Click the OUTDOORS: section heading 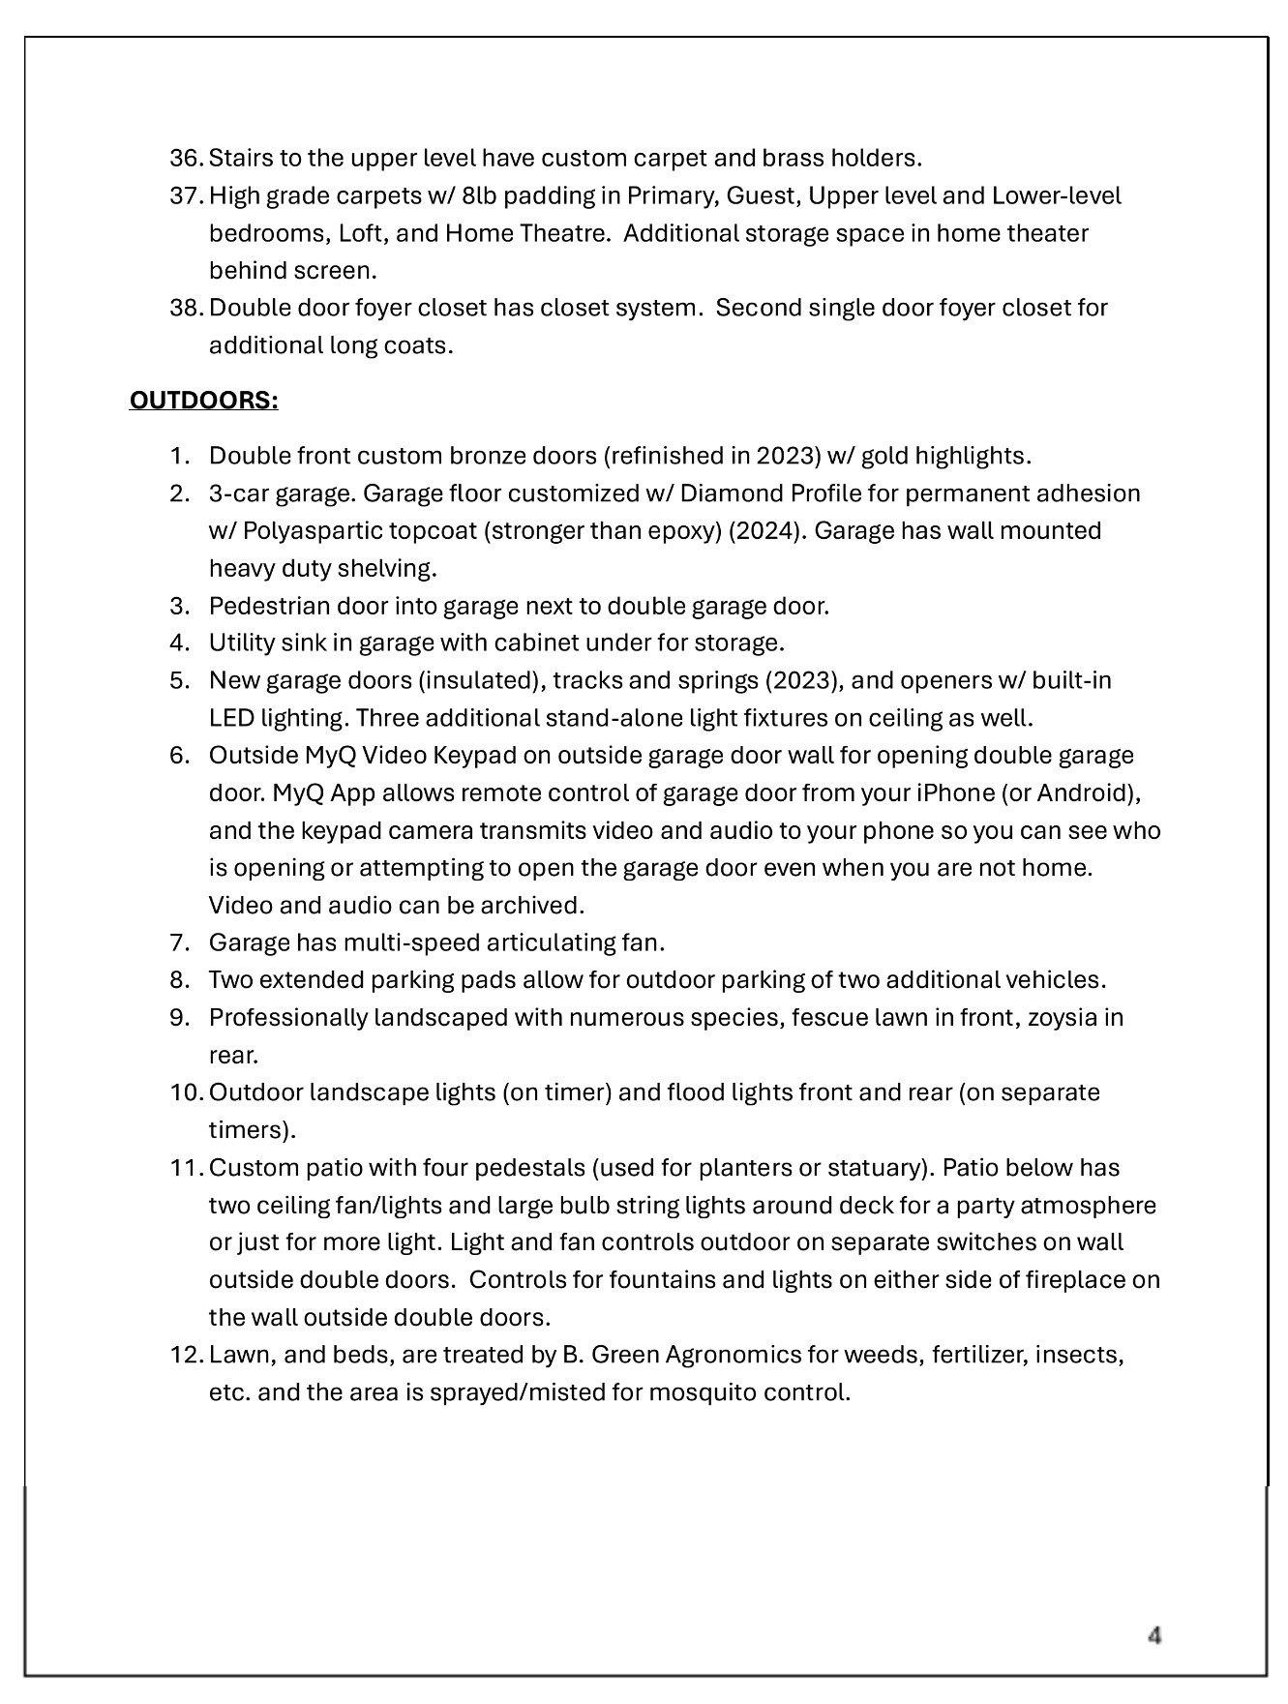click(x=203, y=401)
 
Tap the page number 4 click(x=1154, y=1635)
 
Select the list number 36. click(x=184, y=158)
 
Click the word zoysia click(x=1063, y=1018)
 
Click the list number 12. click(x=184, y=1355)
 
